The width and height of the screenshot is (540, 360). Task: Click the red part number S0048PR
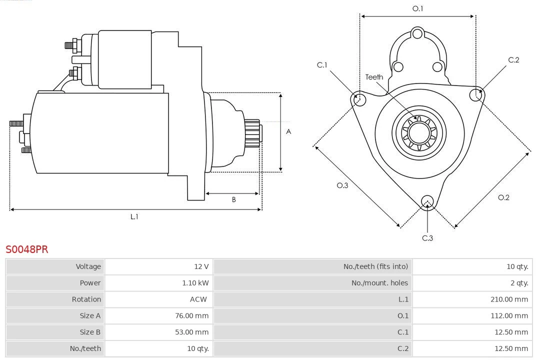tap(27, 249)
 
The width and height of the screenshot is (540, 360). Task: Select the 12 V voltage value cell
tap(202, 266)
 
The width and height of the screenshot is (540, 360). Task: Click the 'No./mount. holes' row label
tap(379, 283)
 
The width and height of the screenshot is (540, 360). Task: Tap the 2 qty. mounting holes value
tap(519, 283)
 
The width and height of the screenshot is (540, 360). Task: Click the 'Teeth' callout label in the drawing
tap(374, 77)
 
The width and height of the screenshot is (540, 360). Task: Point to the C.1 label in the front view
tap(322, 65)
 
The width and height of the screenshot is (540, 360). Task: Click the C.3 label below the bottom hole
tap(427, 238)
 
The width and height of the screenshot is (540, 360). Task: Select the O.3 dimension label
tap(342, 185)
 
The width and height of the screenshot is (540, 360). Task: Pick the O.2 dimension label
tap(503, 197)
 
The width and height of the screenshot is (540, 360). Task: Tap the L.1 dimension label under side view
tap(134, 216)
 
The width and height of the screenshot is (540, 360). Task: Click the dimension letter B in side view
tap(233, 200)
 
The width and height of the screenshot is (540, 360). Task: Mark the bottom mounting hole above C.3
tap(427, 201)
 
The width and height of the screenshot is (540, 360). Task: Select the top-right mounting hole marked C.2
tap(475, 94)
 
